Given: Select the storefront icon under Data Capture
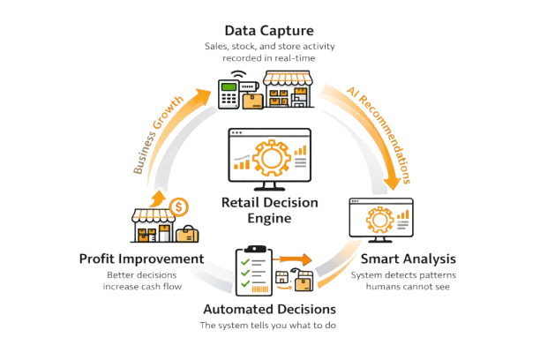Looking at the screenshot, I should [x=291, y=88].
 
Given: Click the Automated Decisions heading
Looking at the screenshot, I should [x=269, y=310].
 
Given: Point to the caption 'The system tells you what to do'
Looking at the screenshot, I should [x=269, y=326].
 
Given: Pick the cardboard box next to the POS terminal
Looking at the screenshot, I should [x=253, y=100].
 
